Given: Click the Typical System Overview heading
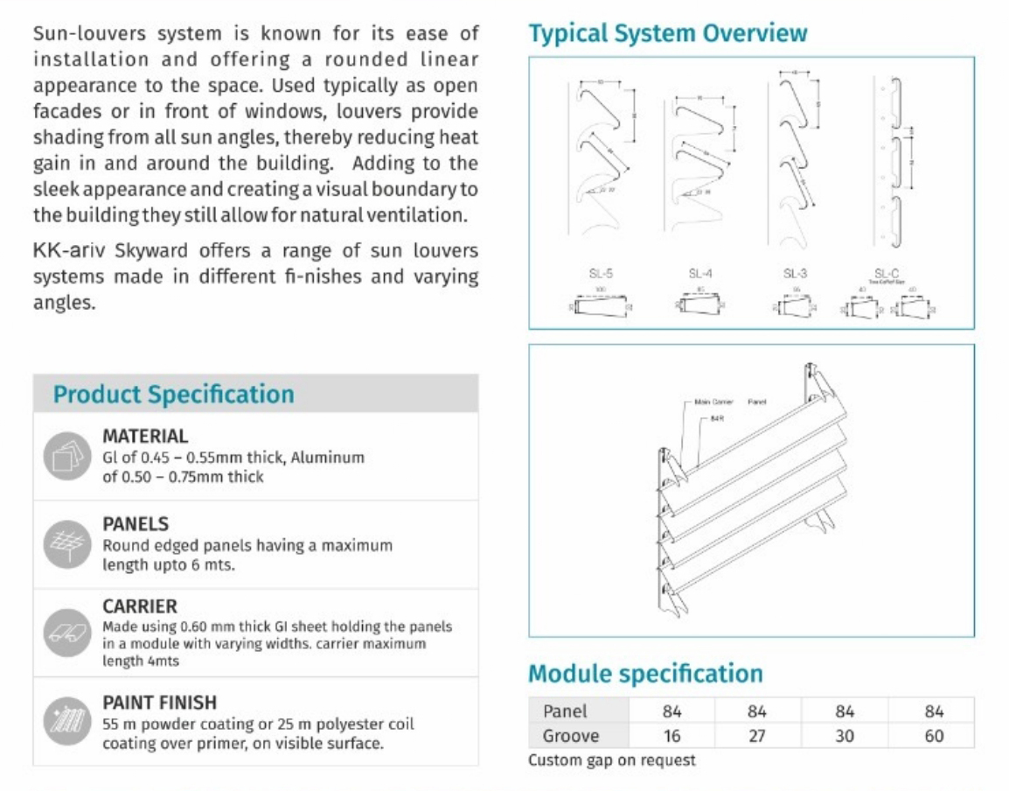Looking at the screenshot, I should [667, 33].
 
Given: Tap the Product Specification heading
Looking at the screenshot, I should [173, 394].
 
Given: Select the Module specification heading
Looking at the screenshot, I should [645, 674].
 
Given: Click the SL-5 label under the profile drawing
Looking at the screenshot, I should [601, 274].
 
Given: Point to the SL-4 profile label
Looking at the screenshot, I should [700, 274].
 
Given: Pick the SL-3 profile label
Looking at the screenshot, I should [795, 274].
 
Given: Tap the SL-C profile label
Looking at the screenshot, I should [887, 273].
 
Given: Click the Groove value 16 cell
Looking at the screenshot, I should [672, 736].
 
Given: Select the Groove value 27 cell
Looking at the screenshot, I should [757, 736].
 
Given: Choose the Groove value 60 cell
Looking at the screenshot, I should [934, 736].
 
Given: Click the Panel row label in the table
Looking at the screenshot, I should [565, 711].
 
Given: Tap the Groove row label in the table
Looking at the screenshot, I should [571, 736].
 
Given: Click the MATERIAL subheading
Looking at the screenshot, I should [145, 436].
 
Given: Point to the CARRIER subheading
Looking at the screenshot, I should [140, 606].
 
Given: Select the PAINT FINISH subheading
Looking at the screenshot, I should [159, 703].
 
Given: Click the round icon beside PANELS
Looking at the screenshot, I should [66, 544].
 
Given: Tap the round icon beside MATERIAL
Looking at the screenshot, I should [66, 455].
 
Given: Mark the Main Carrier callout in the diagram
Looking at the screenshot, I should [713, 402].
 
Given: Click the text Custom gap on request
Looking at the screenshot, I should [612, 760].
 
